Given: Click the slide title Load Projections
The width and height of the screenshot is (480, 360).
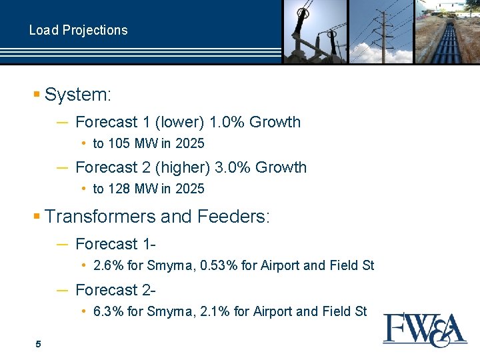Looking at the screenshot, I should click(78, 30).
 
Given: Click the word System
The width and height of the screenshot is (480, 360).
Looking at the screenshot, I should click(77, 95).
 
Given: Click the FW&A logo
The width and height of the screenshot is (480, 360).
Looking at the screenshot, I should click(425, 329).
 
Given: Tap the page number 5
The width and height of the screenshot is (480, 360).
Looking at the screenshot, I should click(38, 344).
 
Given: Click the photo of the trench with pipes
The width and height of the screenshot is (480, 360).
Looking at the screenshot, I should click(447, 31).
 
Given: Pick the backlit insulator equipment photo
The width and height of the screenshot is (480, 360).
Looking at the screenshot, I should click(315, 31).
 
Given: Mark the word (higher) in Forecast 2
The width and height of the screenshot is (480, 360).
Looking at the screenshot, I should click(185, 167).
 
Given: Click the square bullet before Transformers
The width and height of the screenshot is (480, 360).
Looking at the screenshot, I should click(37, 217).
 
